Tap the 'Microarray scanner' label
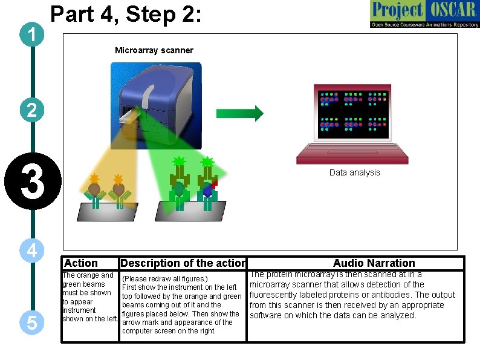[x=154, y=50]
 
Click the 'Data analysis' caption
[x=354, y=172]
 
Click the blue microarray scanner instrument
[x=156, y=97]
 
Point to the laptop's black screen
[x=351, y=111]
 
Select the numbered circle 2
[x=31, y=110]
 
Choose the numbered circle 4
[x=31, y=250]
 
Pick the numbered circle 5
[x=31, y=323]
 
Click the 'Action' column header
[x=80, y=263]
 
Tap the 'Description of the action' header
[x=183, y=263]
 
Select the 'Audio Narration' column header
[x=374, y=263]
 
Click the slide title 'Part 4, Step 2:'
[x=125, y=14]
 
